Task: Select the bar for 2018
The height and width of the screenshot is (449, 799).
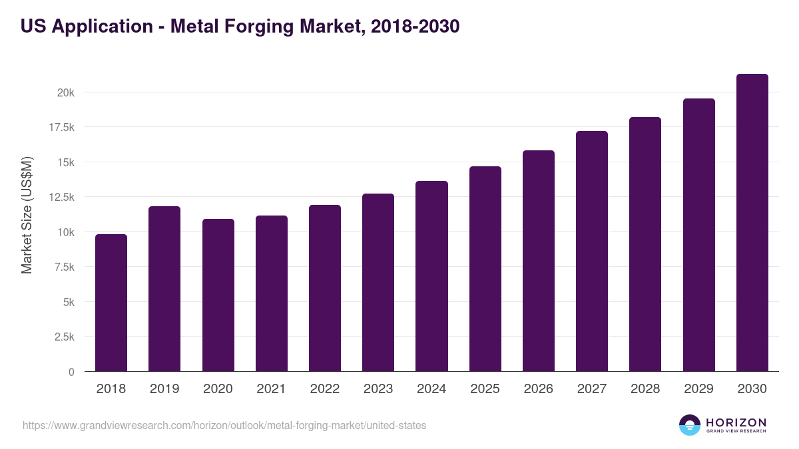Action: [111, 303]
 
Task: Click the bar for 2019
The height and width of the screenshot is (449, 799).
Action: [164, 289]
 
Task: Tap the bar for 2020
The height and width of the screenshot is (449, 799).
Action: [218, 295]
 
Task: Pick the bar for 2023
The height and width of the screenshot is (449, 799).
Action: [378, 282]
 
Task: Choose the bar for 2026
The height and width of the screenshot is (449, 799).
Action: [538, 261]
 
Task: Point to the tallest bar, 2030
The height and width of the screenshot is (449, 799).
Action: [752, 223]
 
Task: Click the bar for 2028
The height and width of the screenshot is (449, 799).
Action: [645, 244]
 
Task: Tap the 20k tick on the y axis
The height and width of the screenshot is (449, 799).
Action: [65, 92]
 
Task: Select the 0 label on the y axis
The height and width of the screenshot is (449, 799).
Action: [71, 372]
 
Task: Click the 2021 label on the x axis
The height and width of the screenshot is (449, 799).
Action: [271, 389]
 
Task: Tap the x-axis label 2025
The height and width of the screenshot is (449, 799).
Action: [485, 389]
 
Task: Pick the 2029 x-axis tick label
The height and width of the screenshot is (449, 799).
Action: [698, 389]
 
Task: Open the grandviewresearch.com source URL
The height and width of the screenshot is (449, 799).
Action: [224, 425]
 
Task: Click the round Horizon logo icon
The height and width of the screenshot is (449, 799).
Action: [690, 425]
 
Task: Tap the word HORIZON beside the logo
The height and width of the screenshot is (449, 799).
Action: [736, 422]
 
